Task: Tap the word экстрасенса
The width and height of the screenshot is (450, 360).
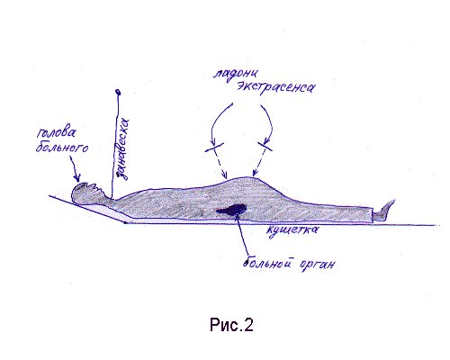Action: (276, 87)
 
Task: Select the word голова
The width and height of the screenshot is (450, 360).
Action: (57, 132)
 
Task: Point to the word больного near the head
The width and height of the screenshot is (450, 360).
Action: (62, 147)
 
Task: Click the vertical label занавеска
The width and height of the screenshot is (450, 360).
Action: (122, 149)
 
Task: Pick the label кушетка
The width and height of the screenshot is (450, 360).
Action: (292, 230)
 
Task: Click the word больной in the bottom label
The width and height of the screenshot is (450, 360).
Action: (267, 262)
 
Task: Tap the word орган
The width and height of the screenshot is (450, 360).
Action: (317, 265)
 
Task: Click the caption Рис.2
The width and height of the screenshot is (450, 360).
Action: (231, 325)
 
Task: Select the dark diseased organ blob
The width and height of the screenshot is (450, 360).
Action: (232, 210)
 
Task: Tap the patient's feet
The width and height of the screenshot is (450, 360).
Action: (383, 210)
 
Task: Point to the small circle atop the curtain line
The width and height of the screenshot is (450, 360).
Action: (118, 92)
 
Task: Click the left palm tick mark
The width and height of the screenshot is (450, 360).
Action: (214, 147)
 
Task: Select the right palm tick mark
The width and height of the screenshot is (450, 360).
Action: (265, 147)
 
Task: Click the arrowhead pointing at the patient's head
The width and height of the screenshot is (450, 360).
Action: (77, 178)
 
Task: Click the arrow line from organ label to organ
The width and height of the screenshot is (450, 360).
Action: (242, 236)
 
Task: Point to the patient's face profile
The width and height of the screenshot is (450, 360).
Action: (96, 188)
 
